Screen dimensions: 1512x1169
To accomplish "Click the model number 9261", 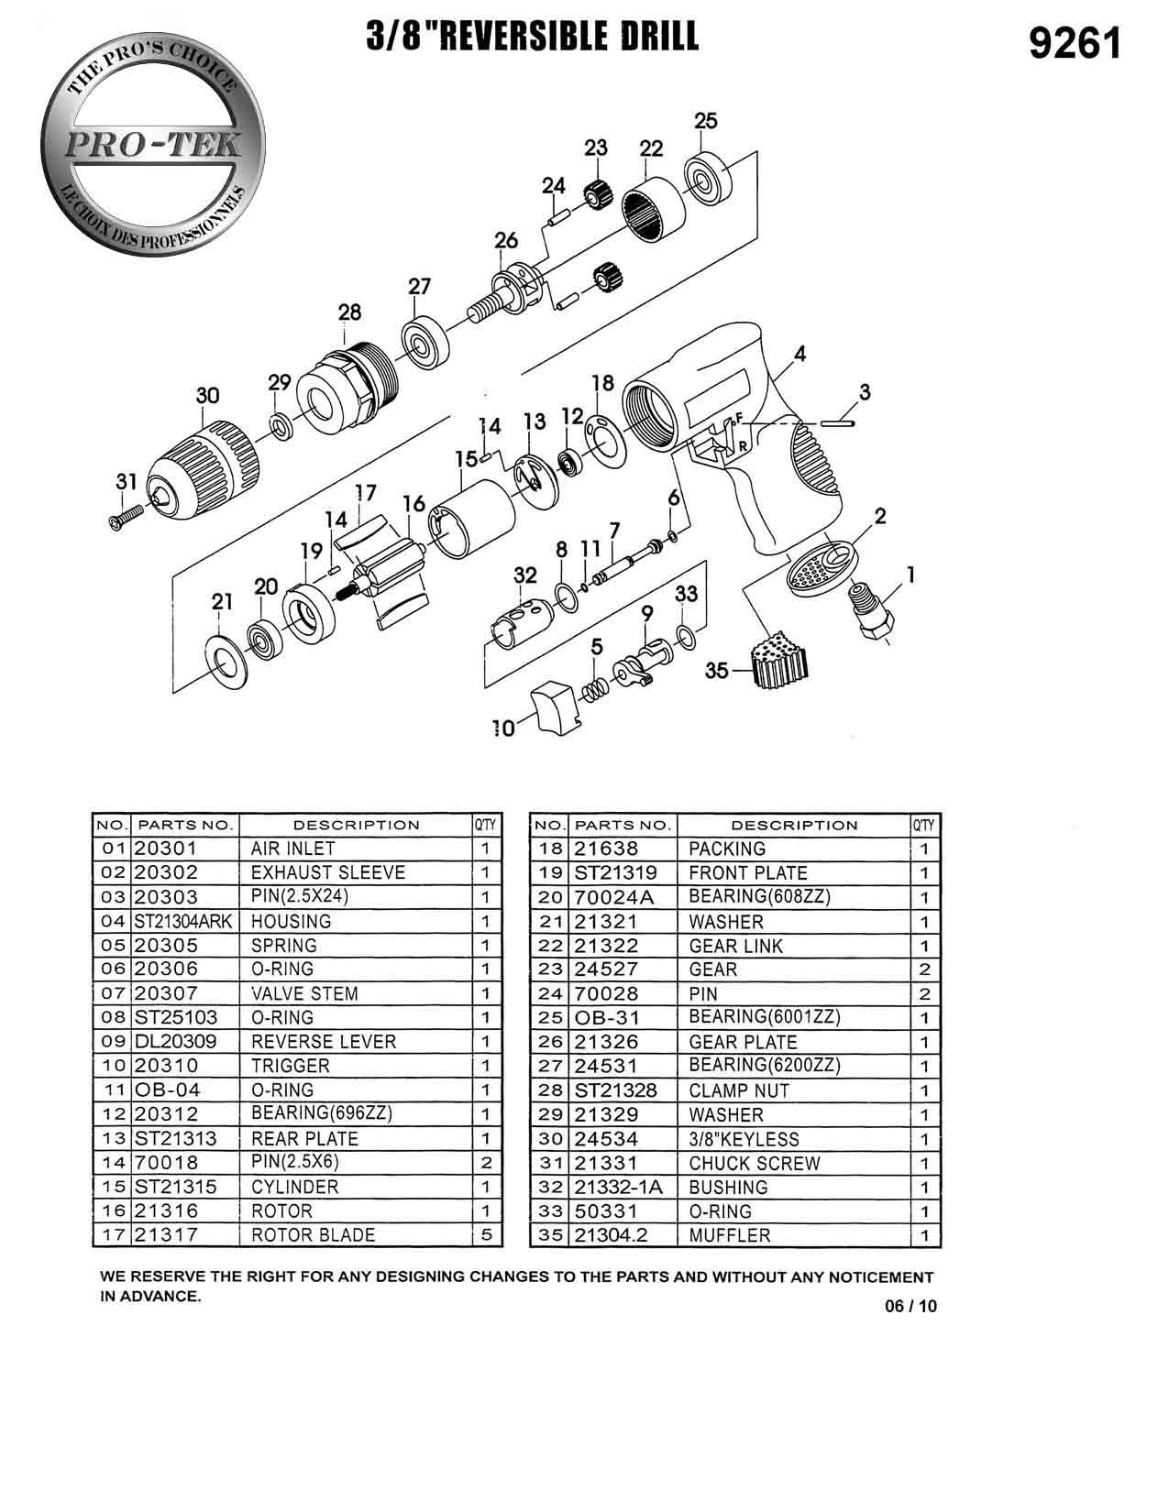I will pos(1075,44).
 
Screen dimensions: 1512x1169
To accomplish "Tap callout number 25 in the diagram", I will pos(705,121).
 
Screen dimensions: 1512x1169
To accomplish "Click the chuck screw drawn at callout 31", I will pos(127,516).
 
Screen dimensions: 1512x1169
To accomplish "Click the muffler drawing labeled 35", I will pos(775,661).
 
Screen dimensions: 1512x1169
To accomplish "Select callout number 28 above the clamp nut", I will pos(349,312).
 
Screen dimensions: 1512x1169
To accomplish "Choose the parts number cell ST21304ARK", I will pos(183,921).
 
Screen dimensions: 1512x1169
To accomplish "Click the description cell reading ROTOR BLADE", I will pos(313,1234).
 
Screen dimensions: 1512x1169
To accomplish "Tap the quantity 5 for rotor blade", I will pos(486,1234).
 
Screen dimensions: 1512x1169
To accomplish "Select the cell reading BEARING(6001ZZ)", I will pos(764,1017).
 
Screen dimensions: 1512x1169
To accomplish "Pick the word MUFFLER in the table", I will pos(730,1235).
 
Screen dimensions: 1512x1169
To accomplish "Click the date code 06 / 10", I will pos(910,1307).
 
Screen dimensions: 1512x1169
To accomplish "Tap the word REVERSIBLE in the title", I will pos(518,37).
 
